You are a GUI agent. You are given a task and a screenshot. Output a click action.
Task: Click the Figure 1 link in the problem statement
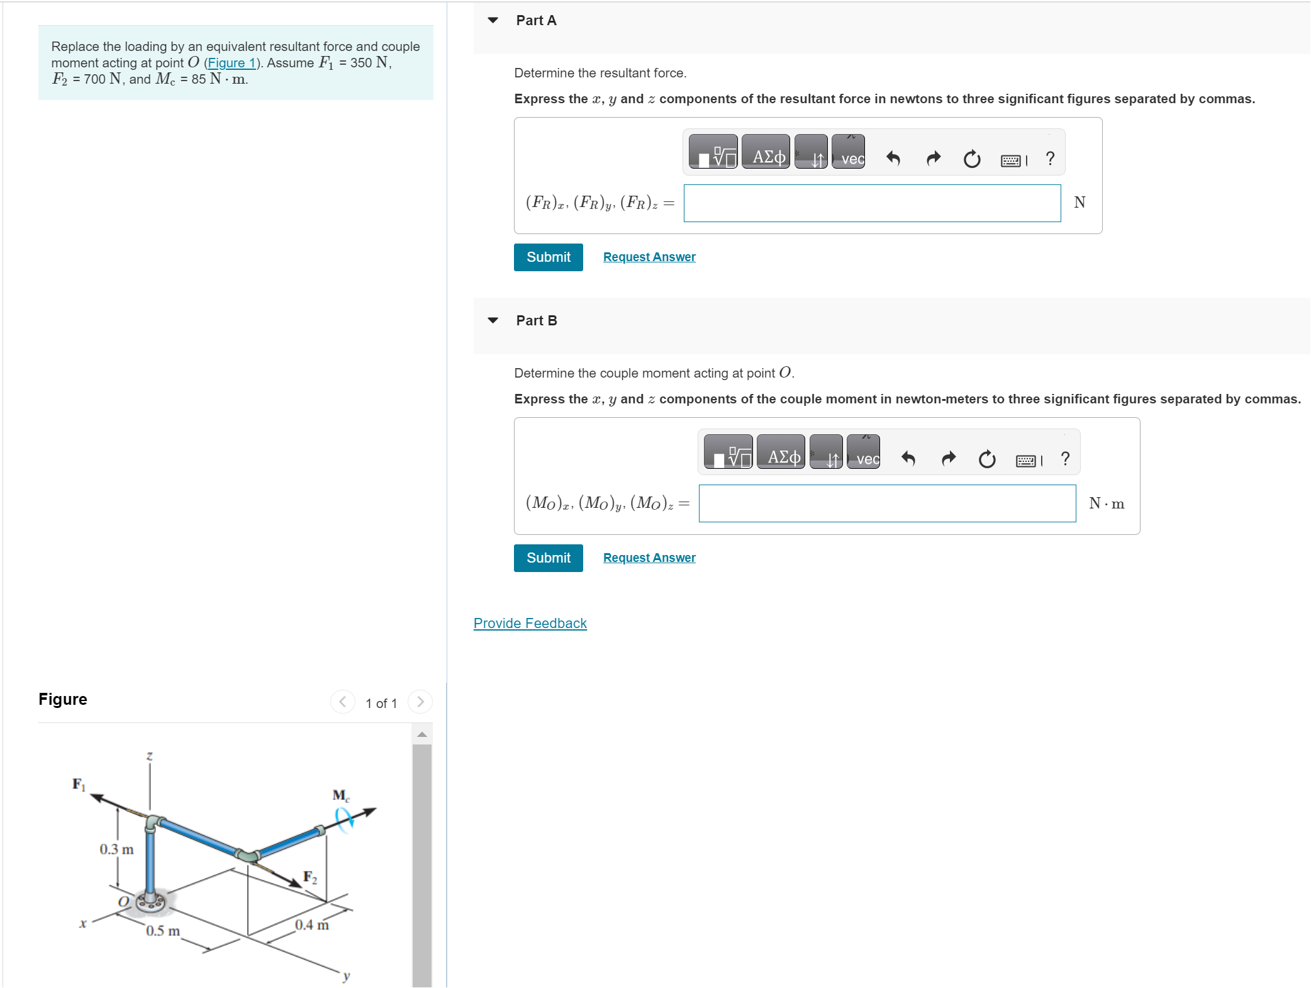[x=231, y=63]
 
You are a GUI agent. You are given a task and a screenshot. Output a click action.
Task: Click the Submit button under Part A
[x=548, y=257]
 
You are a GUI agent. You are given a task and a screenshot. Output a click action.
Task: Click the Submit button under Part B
[x=548, y=558]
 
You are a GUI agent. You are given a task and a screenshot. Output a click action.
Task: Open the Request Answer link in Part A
[x=649, y=257]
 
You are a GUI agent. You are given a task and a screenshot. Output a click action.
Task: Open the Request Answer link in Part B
[x=649, y=558]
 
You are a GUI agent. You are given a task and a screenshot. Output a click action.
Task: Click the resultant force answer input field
[x=871, y=203]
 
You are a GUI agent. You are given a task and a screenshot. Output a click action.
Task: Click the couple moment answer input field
[x=886, y=503]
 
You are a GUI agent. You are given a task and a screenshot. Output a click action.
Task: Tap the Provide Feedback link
[x=530, y=624]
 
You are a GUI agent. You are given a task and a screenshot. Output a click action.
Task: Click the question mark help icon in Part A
[x=1049, y=159]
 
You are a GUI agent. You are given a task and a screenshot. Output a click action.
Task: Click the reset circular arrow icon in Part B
[x=986, y=459]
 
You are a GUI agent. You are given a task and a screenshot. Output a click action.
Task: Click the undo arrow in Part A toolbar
[x=893, y=159]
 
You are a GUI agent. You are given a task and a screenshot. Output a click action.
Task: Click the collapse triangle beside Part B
[x=493, y=321]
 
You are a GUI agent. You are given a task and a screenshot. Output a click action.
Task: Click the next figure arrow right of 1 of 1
[x=420, y=702]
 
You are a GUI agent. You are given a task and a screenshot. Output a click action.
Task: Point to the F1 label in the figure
[x=79, y=784]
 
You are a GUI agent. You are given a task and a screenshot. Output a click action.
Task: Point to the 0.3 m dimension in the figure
[x=116, y=850]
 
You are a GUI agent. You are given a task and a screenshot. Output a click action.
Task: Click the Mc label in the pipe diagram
[x=340, y=795]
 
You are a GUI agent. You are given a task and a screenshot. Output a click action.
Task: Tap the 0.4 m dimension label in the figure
[x=311, y=925]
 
